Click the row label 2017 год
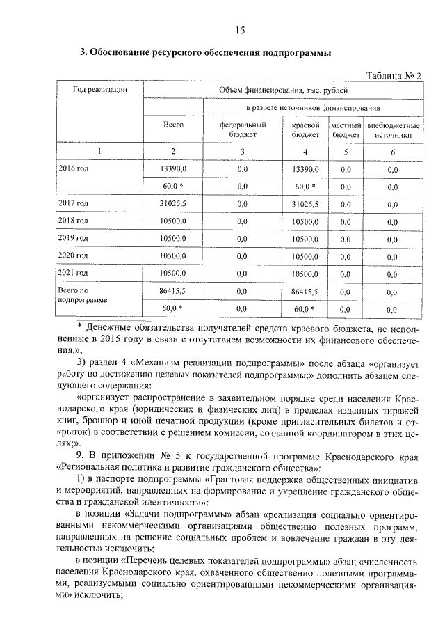pyautogui.click(x=73, y=203)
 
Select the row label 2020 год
pyautogui.click(x=73, y=256)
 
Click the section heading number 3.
pyautogui.click(x=83, y=52)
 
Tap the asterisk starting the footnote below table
pyautogui.click(x=80, y=324)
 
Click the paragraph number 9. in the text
pyautogui.click(x=81, y=454)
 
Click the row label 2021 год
pyautogui.click(x=73, y=274)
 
